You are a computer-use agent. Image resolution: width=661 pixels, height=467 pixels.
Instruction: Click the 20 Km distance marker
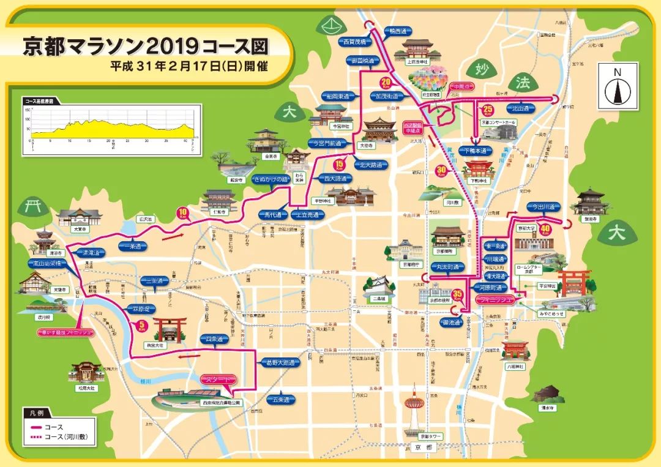point(386,83)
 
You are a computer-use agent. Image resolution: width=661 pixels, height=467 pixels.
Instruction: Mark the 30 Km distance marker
point(440,171)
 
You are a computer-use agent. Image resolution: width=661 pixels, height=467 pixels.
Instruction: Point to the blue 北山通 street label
point(521,108)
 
